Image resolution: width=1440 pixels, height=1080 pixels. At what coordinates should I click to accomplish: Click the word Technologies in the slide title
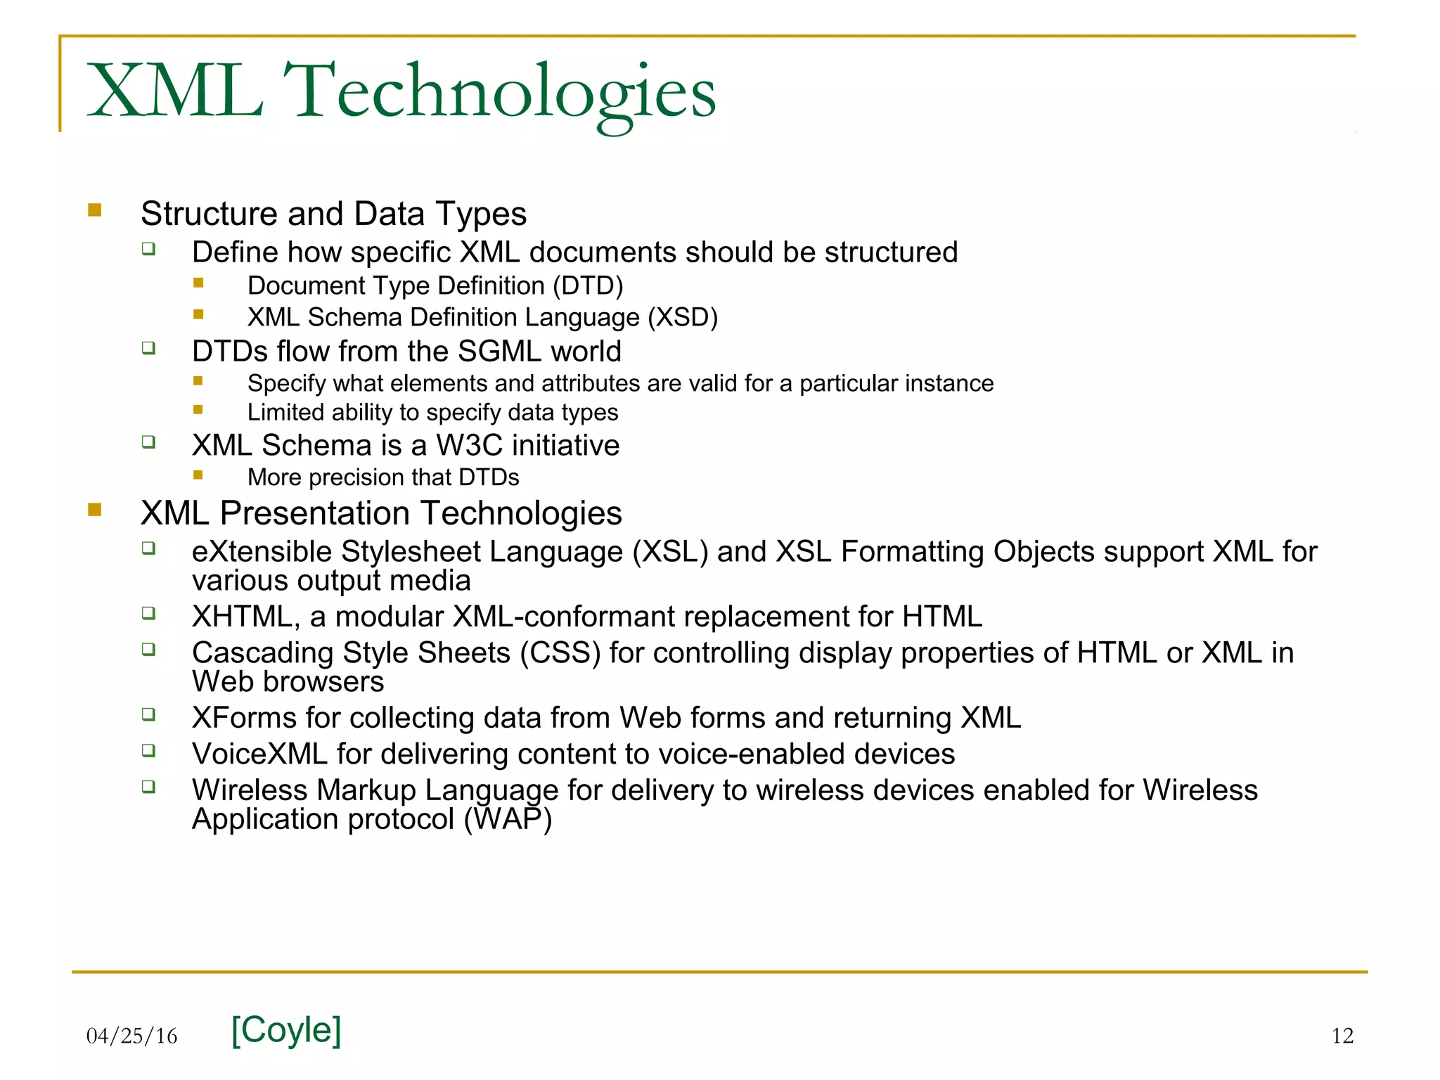click(x=503, y=91)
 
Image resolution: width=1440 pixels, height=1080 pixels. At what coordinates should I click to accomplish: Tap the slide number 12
click(x=1342, y=1036)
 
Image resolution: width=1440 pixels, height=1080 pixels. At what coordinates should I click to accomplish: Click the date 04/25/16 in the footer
click(x=132, y=1036)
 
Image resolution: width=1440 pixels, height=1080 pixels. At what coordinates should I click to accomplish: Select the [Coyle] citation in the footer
click(x=286, y=1030)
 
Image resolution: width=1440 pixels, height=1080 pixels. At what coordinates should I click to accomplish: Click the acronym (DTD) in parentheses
click(x=588, y=286)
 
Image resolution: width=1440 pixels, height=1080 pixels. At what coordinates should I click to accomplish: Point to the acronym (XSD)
click(x=682, y=318)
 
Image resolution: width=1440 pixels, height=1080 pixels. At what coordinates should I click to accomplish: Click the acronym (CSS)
click(x=560, y=653)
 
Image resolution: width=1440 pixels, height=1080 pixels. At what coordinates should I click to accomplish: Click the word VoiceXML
click(x=259, y=754)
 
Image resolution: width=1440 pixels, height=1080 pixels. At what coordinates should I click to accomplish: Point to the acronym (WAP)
click(x=508, y=819)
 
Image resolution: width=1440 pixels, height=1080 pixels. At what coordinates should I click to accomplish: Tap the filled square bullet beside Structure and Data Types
click(x=95, y=210)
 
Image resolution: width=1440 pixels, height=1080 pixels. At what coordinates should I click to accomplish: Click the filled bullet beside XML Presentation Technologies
click(x=95, y=509)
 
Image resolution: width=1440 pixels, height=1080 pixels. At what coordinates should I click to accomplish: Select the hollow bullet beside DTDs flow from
click(x=148, y=348)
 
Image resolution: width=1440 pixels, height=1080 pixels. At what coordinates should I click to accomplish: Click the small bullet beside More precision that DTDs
click(x=198, y=475)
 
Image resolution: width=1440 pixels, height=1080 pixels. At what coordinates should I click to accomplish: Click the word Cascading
click(x=263, y=653)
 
